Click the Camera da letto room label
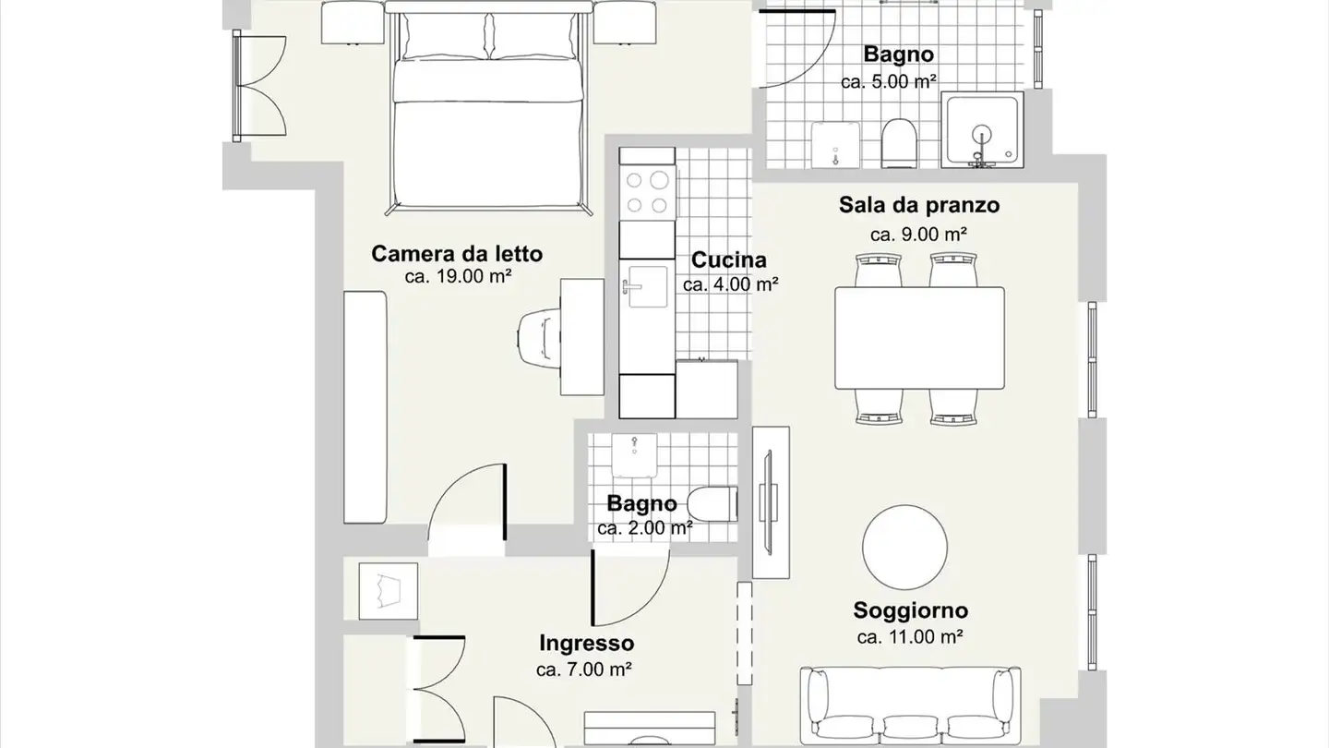pos(457,253)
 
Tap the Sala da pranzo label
pos(919,204)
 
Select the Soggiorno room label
pos(910,610)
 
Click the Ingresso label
pos(586,643)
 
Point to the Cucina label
pos(729,260)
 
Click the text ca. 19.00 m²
pos(458,276)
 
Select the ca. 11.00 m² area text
pos(910,636)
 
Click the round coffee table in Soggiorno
pos(904,546)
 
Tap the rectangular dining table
pos(919,338)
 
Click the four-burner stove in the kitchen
pos(648,193)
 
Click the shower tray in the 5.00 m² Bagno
pos(982,130)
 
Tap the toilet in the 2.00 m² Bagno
pos(714,504)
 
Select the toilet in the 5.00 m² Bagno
pos(898,143)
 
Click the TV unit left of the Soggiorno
pos(771,502)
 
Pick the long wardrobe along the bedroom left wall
pos(365,406)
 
